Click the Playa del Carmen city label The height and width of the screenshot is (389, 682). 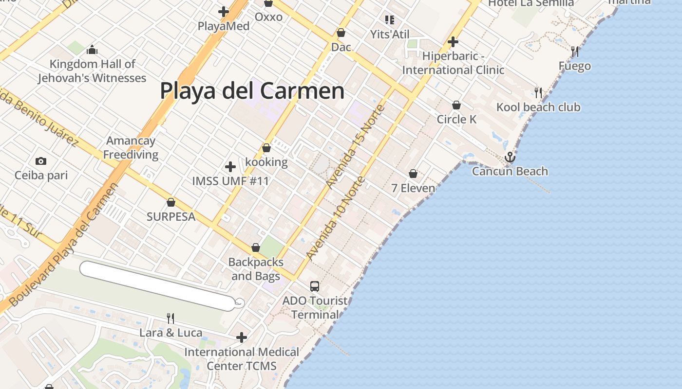[252, 91]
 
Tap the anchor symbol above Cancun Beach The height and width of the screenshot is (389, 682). [510, 157]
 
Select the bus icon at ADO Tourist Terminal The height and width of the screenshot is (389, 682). [315, 286]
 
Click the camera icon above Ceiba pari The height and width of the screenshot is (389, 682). [41, 161]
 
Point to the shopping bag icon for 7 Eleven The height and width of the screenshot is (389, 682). [413, 174]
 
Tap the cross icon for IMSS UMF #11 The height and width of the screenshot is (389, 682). [230, 167]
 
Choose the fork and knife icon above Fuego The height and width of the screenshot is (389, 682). [575, 52]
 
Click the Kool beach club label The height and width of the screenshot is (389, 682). [538, 107]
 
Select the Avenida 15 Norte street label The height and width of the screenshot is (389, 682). [356, 146]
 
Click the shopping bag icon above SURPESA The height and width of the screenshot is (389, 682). [171, 202]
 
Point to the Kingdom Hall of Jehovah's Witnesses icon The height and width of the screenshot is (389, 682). [92, 50]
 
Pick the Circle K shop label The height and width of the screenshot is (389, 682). [456, 119]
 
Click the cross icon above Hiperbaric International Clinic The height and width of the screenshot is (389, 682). [453, 42]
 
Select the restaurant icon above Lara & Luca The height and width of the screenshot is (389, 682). [170, 318]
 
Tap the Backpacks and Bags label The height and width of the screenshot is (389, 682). [256, 269]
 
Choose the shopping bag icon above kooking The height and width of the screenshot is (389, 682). [266, 148]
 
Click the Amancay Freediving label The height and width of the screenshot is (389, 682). [131, 148]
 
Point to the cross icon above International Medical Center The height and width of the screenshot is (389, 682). [242, 337]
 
